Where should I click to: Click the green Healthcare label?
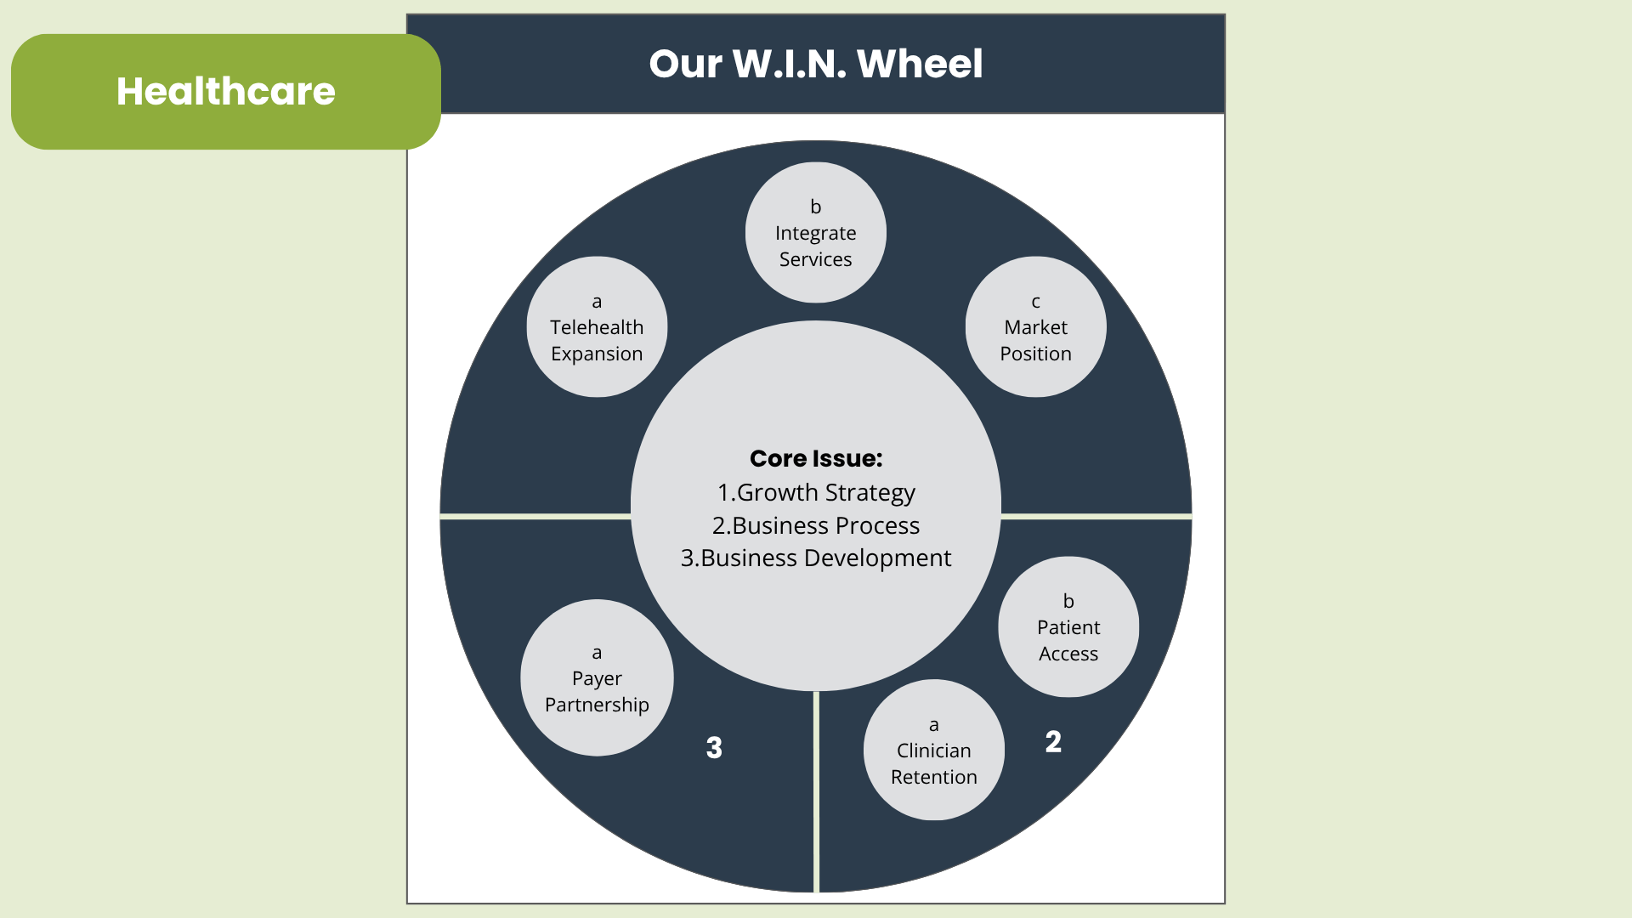pos(225,92)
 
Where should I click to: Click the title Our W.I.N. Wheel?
pos(815,64)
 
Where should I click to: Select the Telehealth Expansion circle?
pos(597,327)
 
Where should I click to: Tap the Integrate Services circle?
pos(815,233)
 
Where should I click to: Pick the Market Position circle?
pos(1035,327)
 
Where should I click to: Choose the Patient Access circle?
pos(1068,627)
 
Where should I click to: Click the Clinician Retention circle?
pos(933,751)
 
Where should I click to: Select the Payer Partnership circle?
pos(597,678)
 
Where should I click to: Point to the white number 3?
pos(714,748)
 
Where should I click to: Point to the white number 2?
pos(1053,742)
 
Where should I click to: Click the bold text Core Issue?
pos(816,459)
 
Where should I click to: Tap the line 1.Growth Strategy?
pos(816,493)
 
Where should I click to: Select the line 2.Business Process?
pos(816,526)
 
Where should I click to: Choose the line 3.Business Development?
pos(816,558)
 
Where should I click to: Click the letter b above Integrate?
pos(815,207)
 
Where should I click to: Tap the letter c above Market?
pos(1035,302)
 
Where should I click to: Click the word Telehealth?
pos(597,327)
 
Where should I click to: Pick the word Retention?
pos(933,777)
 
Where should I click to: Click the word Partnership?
pos(597,705)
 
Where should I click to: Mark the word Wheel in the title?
pos(920,64)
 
